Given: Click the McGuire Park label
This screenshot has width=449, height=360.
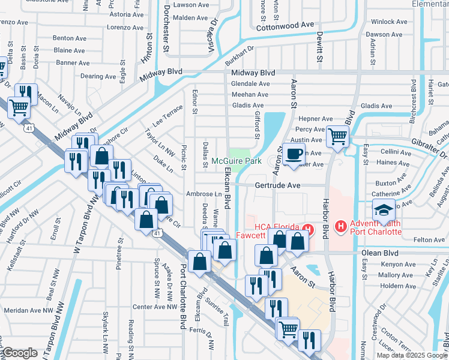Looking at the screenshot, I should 237,161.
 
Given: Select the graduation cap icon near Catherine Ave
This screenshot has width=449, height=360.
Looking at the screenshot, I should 384,211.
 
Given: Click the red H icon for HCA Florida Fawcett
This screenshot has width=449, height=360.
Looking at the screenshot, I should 309,228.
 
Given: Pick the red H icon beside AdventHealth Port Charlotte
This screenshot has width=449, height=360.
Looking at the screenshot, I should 340,226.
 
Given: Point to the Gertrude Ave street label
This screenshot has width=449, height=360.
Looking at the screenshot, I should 277,186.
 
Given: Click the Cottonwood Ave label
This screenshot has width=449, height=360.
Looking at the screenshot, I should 285,26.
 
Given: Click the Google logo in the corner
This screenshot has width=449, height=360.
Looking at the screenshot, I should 20,353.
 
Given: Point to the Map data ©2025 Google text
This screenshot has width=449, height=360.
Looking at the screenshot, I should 412,355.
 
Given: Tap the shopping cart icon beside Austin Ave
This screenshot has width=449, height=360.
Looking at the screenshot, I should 337,136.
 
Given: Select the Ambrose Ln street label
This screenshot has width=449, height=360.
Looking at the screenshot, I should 204,194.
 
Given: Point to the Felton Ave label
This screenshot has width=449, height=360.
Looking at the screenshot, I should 430,240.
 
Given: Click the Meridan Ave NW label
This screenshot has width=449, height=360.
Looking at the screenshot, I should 28,311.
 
